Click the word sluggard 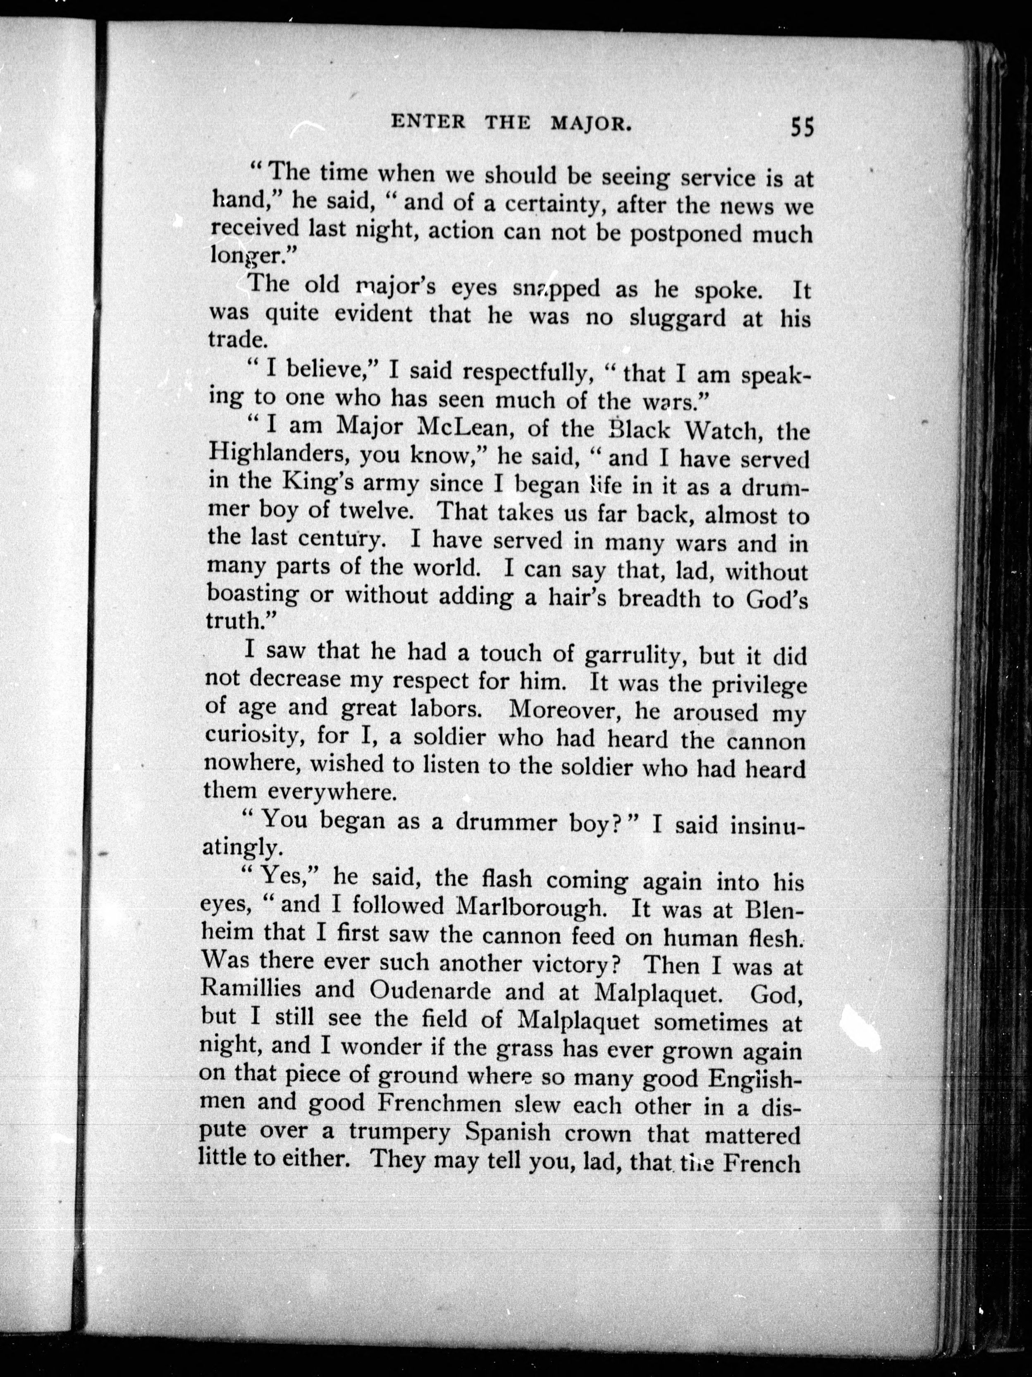point(677,318)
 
